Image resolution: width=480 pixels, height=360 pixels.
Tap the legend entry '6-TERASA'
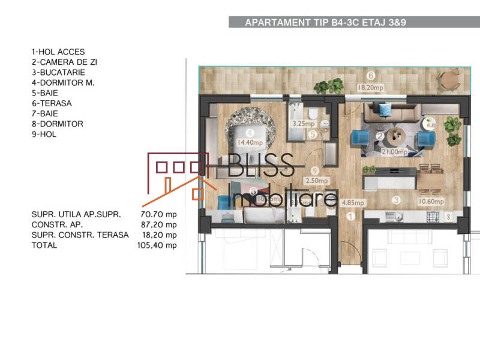[x=52, y=103]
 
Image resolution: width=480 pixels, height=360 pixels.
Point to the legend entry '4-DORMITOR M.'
[x=63, y=83]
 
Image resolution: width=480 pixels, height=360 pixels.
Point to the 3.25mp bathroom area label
[x=302, y=124]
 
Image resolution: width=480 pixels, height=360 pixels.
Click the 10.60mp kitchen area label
[x=431, y=202]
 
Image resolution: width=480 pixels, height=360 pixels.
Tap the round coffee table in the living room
[x=397, y=133]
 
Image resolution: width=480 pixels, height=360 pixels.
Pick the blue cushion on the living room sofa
[x=385, y=109]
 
